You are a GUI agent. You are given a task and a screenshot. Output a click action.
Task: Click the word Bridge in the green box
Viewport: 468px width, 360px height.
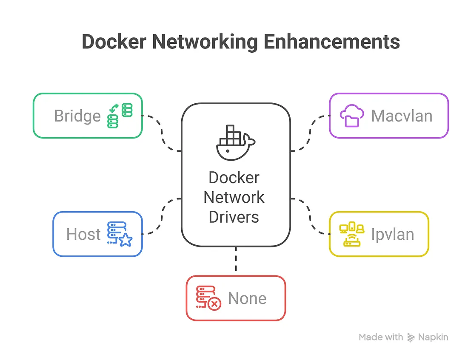[77, 116]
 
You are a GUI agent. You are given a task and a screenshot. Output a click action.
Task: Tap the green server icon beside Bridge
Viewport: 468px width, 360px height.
[120, 116]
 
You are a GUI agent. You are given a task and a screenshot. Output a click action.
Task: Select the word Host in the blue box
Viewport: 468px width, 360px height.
[83, 234]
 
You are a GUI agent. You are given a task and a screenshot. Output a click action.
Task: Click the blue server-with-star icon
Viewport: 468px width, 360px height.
[120, 234]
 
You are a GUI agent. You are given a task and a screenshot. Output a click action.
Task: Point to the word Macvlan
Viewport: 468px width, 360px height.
[402, 116]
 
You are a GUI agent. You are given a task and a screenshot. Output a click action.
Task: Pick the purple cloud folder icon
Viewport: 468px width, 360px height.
[351, 116]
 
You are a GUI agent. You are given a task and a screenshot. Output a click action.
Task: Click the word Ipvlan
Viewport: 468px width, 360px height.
[392, 235]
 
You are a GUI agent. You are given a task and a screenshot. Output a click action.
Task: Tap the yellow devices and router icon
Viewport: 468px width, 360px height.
[351, 235]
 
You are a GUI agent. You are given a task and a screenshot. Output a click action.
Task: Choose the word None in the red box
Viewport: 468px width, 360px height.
[247, 298]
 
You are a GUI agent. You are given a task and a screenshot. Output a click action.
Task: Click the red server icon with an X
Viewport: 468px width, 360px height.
[208, 298]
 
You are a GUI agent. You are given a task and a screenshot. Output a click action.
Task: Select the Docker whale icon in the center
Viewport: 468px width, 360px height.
[234, 143]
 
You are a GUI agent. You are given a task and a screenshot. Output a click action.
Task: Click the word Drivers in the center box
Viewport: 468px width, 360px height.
[234, 217]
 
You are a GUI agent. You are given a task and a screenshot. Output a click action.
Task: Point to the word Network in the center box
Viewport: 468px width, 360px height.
[234, 197]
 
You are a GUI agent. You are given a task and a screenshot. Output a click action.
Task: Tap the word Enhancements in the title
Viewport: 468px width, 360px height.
[331, 42]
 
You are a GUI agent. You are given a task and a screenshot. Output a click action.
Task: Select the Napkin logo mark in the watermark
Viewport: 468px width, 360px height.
[411, 337]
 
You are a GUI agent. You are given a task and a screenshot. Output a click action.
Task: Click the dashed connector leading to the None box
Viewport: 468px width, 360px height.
[235, 261]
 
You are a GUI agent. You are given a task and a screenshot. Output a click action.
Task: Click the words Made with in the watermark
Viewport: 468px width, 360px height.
[381, 337]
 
